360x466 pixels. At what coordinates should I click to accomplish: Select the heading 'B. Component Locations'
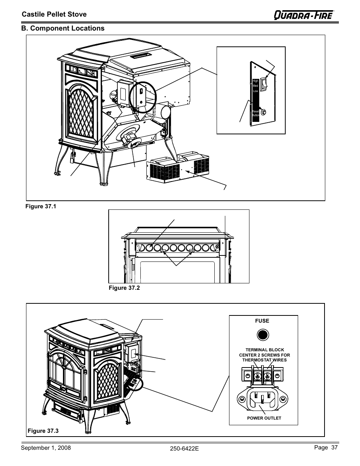[63, 28]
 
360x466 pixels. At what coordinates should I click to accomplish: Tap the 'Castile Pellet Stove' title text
[54, 14]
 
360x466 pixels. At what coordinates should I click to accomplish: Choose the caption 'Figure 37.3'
[43, 431]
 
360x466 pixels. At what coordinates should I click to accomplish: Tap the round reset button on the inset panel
[264, 112]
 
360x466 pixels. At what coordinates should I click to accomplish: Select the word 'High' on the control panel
[255, 81]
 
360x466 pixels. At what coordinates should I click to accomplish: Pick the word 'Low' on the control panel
[255, 91]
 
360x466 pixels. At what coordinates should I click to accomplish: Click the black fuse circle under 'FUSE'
[263, 335]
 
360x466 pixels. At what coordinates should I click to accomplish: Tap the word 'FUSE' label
[262, 321]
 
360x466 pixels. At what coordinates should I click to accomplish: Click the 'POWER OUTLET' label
[264, 418]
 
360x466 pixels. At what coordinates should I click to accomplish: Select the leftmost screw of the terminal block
[248, 376]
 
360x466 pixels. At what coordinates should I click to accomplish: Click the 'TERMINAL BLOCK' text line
[265, 350]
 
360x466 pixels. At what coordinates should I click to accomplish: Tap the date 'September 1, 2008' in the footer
[46, 448]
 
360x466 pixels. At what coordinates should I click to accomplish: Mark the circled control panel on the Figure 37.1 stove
[142, 97]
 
